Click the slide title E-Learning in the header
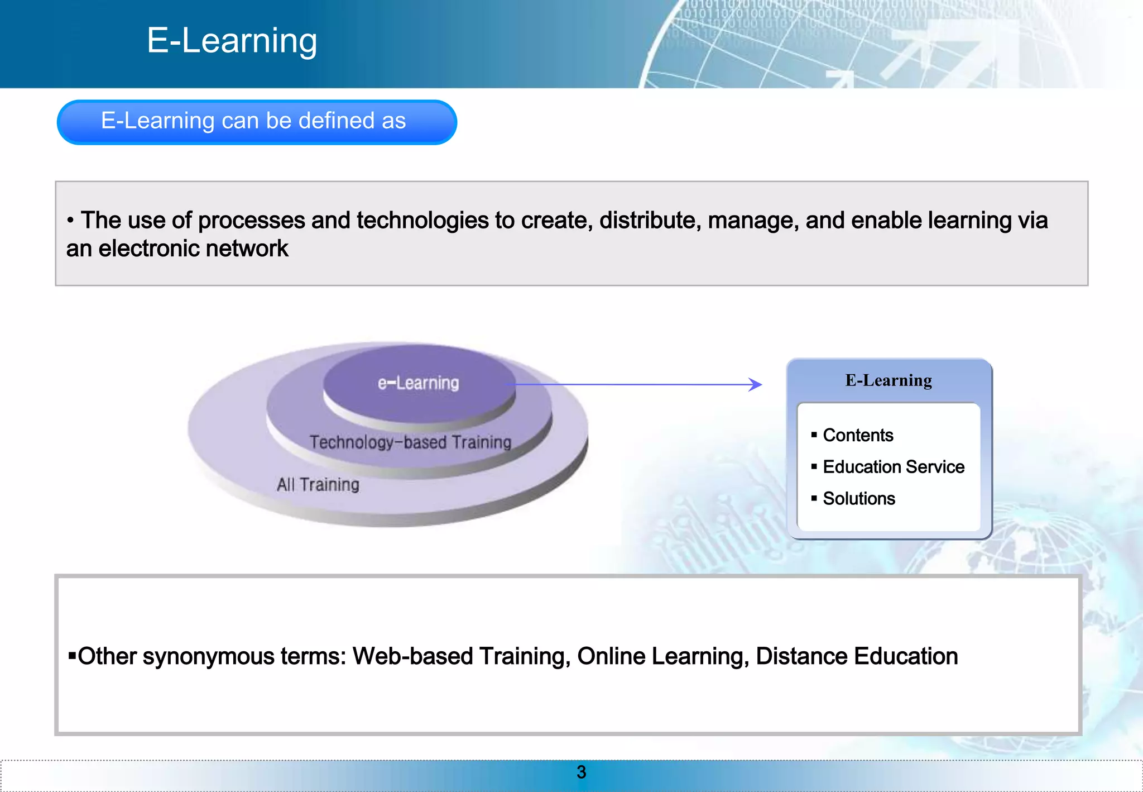click(232, 41)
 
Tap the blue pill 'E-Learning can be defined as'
click(254, 121)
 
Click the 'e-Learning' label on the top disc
click(418, 383)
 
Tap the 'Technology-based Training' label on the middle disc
click(410, 442)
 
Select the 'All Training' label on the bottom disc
click(318, 484)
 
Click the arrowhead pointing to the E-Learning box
click(756, 384)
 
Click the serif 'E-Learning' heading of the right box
click(889, 380)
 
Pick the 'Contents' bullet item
click(858, 435)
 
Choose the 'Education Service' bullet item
click(894, 467)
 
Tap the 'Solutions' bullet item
click(859, 499)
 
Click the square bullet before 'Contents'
click(814, 435)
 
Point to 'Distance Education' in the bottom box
click(857, 656)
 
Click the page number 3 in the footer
click(581, 772)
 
